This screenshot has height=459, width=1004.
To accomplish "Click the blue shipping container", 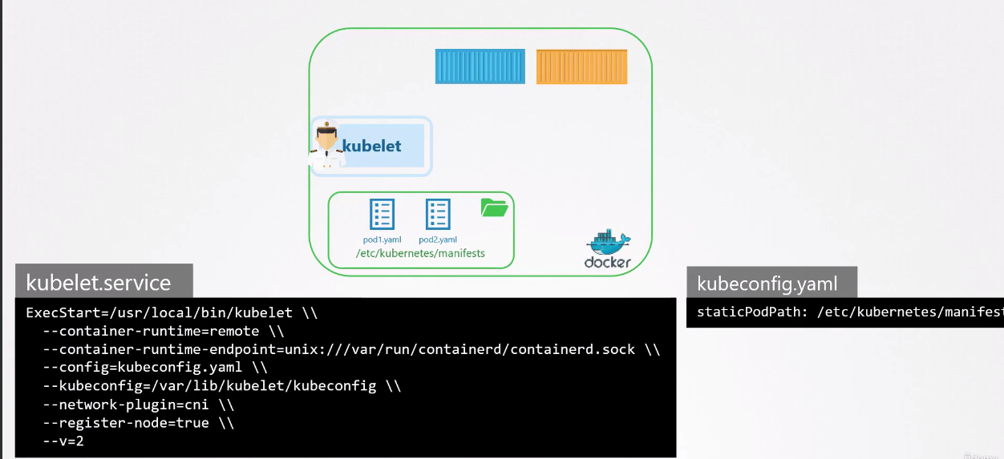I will (480, 66).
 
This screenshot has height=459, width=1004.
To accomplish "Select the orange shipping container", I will (581, 66).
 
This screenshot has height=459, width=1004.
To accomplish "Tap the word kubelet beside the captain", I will (372, 147).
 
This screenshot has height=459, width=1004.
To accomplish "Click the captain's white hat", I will (326, 129).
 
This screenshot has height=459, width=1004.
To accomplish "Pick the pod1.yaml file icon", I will (382, 215).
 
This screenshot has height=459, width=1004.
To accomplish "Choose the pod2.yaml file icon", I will (437, 215).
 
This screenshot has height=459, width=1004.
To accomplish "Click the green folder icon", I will (494, 208).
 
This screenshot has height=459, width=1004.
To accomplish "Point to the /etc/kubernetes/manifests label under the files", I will (420, 254).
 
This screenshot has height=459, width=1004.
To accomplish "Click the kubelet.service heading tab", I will (99, 283).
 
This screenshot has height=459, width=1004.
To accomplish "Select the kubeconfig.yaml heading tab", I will (767, 283).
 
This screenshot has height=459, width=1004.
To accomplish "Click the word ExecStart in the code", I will (58, 312).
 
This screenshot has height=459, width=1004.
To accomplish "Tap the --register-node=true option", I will (128, 423).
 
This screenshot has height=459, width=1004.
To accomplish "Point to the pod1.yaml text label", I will (382, 240).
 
